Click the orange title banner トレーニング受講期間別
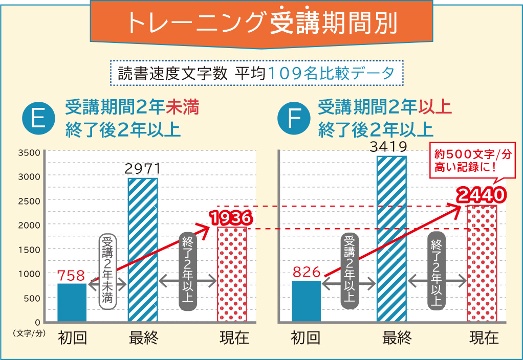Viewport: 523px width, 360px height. (x=261, y=23)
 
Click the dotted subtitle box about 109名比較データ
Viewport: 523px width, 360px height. (x=257, y=74)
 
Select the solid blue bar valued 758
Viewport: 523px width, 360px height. (x=72, y=303)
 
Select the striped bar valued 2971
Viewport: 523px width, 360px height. (x=143, y=250)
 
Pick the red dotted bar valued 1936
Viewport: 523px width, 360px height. (x=232, y=275)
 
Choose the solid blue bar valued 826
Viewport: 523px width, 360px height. (x=306, y=301)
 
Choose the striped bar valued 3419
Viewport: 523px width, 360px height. (x=391, y=239)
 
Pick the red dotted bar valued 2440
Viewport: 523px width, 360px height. (x=482, y=263)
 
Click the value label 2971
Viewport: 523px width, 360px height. (x=143, y=169)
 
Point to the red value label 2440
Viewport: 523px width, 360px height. (x=482, y=195)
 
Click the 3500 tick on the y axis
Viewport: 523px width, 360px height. (x=29, y=152)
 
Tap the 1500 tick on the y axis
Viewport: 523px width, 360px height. (x=29, y=249)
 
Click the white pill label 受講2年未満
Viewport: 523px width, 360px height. (x=107, y=270)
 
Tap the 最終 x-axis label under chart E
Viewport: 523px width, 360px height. (x=143, y=338)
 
